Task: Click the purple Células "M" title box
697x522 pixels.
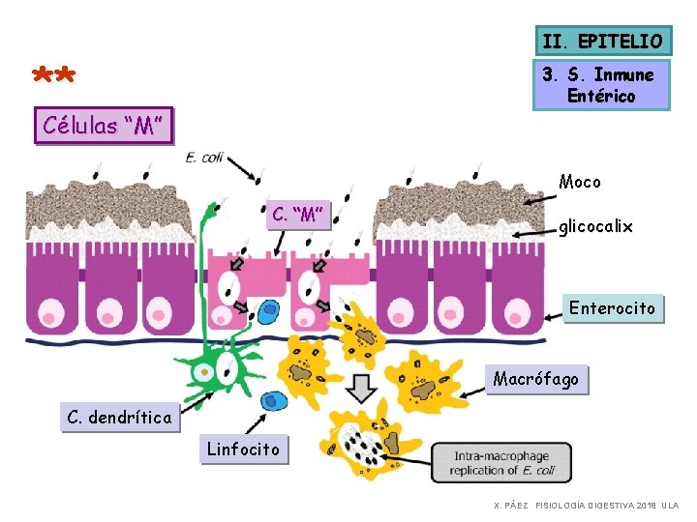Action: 104,125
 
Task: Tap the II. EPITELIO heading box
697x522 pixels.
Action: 604,41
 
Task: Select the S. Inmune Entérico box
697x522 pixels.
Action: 601,85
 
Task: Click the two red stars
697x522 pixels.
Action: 54,74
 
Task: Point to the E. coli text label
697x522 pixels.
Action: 204,158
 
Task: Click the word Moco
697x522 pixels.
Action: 580,182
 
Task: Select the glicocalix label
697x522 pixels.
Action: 595,226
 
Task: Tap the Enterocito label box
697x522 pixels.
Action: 613,308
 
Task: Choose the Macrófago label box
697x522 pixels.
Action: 536,380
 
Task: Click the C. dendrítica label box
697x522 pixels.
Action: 120,417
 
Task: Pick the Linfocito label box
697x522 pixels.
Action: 244,449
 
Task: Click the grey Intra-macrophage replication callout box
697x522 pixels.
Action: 501,462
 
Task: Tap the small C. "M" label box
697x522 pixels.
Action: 298,215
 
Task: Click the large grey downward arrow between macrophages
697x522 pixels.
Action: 361,389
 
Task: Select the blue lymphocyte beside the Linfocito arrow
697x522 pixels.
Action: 274,401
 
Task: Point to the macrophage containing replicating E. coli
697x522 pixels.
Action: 369,444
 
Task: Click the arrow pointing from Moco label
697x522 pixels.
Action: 539,200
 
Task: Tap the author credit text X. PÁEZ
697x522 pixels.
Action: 511,506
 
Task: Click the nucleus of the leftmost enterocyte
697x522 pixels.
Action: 52,313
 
